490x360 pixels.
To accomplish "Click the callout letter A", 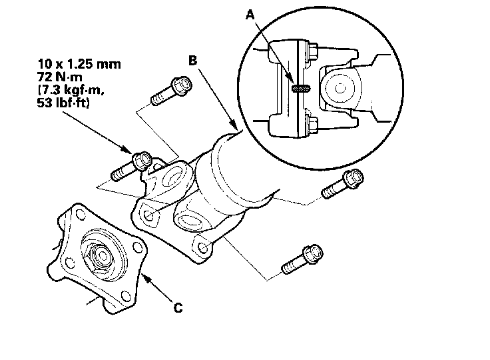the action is [x=250, y=14].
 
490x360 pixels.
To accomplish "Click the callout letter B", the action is [x=193, y=61].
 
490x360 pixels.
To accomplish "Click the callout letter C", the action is [x=178, y=308].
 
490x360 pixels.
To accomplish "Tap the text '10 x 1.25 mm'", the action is [x=79, y=64].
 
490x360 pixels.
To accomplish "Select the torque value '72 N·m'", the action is [x=60, y=77].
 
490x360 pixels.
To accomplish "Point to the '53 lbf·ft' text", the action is [x=63, y=103].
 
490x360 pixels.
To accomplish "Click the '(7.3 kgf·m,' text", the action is [x=71, y=90].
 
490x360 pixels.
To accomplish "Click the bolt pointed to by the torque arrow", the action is [x=132, y=166].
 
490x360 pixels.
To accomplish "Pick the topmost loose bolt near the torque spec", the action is [x=172, y=90].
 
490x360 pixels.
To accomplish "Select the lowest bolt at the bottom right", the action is [x=302, y=259].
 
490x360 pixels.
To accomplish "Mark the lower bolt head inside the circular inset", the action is [x=312, y=123].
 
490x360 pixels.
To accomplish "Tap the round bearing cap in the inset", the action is [x=339, y=88].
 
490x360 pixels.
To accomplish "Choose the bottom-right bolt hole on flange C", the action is [x=126, y=295].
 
